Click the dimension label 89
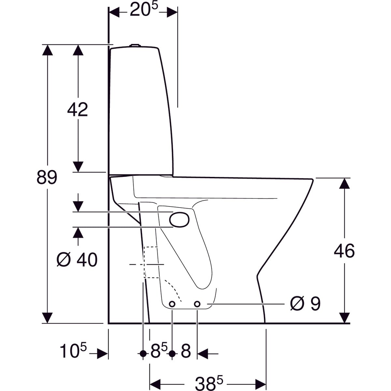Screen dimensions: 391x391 47,178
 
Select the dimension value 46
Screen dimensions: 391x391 344,251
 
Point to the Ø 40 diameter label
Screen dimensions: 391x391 77,260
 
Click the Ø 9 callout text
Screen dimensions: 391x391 305,304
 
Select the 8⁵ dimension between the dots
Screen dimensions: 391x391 159,352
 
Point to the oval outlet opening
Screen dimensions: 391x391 179,219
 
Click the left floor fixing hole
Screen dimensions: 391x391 172,304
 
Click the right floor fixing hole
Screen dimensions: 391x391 197,304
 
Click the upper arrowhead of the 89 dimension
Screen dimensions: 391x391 48,51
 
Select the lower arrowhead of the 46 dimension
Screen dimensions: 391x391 344,318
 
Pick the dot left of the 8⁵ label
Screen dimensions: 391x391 143,353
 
